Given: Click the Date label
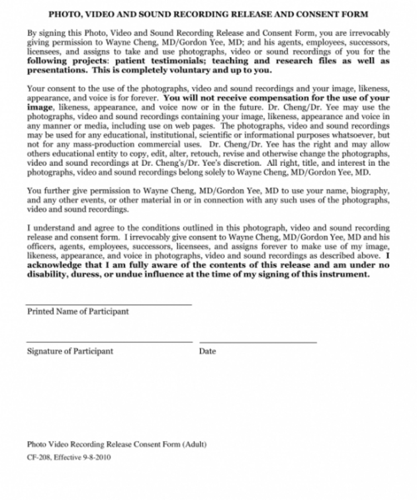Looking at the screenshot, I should pyautogui.click(x=207, y=352).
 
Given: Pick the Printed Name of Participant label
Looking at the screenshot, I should pyautogui.click(x=78, y=312).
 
